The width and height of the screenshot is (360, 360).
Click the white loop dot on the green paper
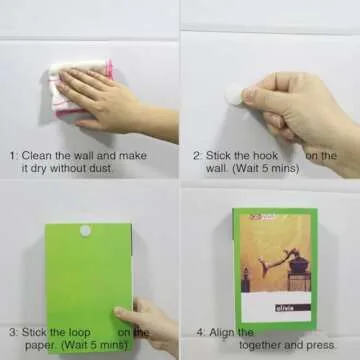tap(84, 231)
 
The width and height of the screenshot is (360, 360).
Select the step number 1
tap(13, 156)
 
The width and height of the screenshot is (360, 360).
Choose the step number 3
tap(13, 331)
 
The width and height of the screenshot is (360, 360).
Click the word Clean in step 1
tap(41, 156)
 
